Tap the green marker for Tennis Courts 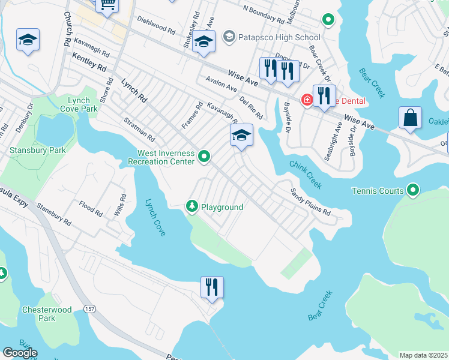(412, 191)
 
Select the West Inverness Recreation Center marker (205, 157)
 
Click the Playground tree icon (192, 206)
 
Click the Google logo (19, 353)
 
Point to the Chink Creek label (306, 174)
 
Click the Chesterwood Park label (46, 314)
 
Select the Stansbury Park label (37, 150)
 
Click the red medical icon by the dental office (307, 99)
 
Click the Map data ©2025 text (423, 355)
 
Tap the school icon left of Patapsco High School (204, 42)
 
